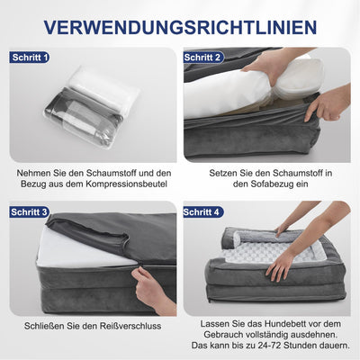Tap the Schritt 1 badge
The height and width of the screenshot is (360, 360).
(x=30, y=58)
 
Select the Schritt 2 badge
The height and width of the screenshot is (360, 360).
(x=203, y=58)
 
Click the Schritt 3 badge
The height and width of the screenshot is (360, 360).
(x=30, y=212)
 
